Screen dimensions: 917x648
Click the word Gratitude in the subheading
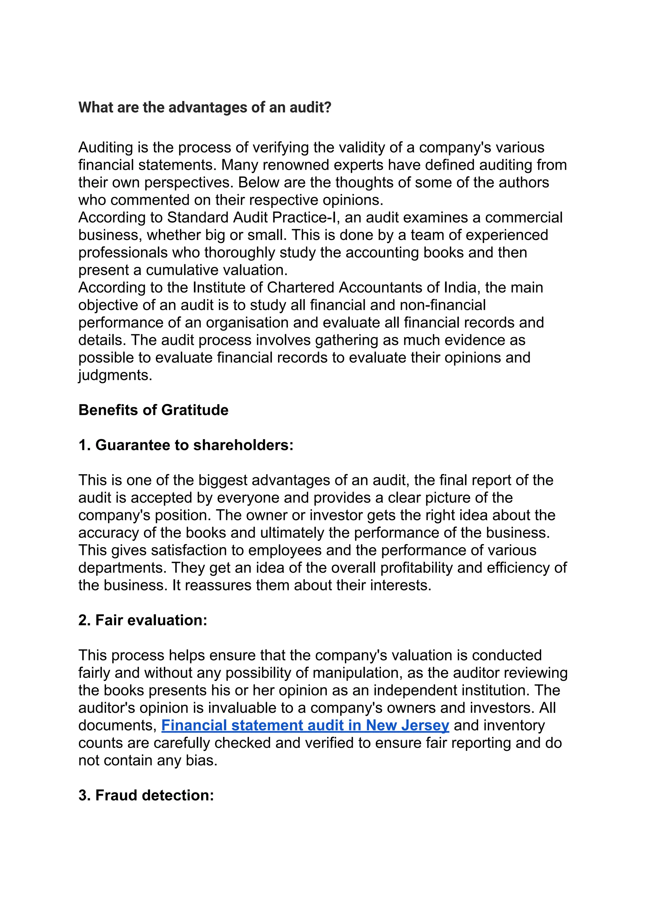(195, 410)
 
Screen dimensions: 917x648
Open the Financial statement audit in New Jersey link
(305, 725)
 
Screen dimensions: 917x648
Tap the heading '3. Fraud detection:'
(146, 795)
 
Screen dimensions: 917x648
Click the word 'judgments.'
(115, 375)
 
